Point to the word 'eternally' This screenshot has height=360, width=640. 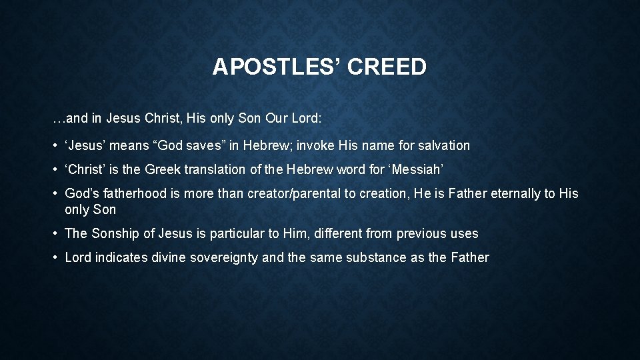[x=513, y=193]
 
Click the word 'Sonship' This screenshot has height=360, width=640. [x=113, y=233]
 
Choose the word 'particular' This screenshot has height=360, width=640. [x=237, y=233]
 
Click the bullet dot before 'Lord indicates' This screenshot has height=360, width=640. [x=55, y=257]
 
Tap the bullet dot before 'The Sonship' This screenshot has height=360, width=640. [x=55, y=233]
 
